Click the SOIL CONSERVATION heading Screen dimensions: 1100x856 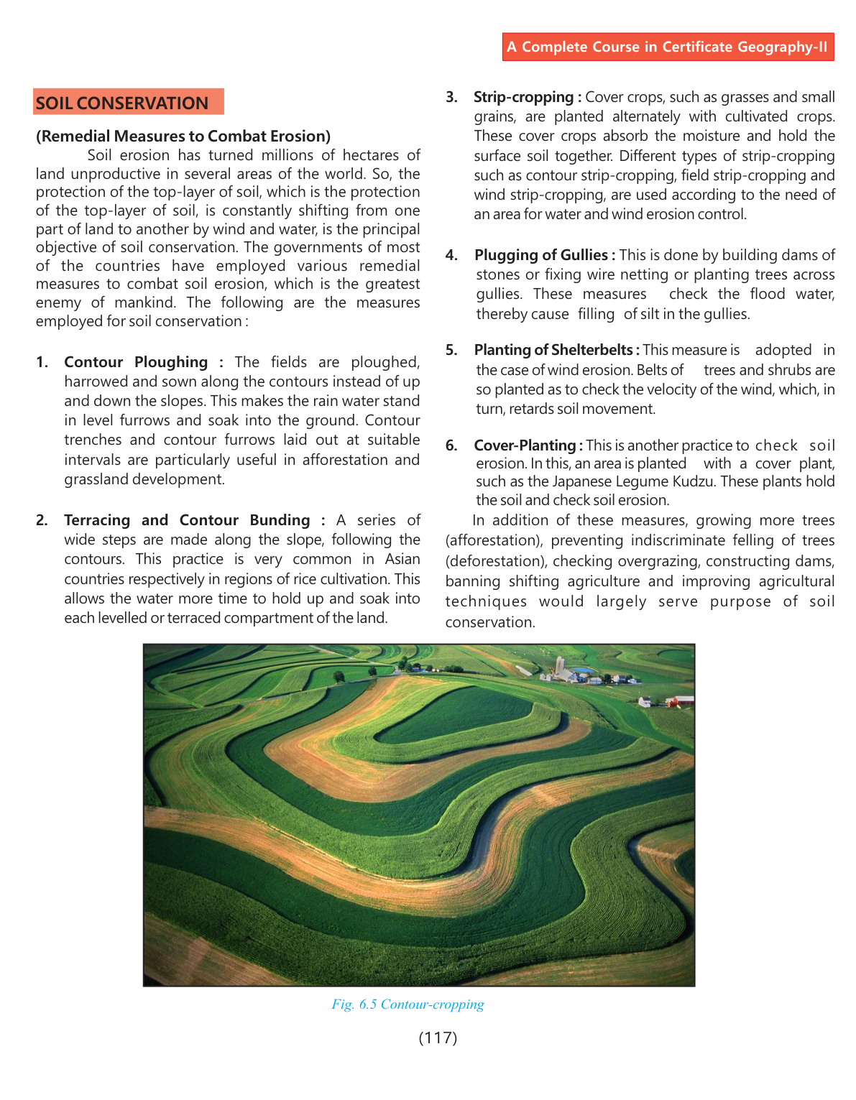pyautogui.click(x=122, y=103)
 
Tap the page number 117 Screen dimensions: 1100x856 pyautogui.click(x=438, y=1037)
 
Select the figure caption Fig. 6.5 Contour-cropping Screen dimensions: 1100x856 pyautogui.click(x=408, y=1004)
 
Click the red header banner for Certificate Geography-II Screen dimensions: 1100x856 pyautogui.click(x=668, y=47)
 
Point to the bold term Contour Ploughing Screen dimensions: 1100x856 pyautogui.click(x=136, y=362)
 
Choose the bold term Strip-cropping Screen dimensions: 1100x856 pyautogui.click(x=523, y=97)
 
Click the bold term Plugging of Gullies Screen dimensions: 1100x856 pyautogui.click(x=541, y=255)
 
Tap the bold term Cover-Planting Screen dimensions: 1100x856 pyautogui.click(x=525, y=445)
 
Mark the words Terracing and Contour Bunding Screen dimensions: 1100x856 pyautogui.click(x=187, y=520)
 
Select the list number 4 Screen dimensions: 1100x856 pyautogui.click(x=451, y=255)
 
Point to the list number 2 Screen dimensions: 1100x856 pyautogui.click(x=42, y=520)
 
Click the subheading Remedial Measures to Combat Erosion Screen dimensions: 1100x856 pyautogui.click(x=183, y=137)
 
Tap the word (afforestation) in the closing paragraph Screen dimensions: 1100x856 pyautogui.click(x=494, y=540)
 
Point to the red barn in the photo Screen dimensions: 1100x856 pyautogui.click(x=680, y=701)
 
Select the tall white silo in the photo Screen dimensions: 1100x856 pyautogui.click(x=558, y=665)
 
